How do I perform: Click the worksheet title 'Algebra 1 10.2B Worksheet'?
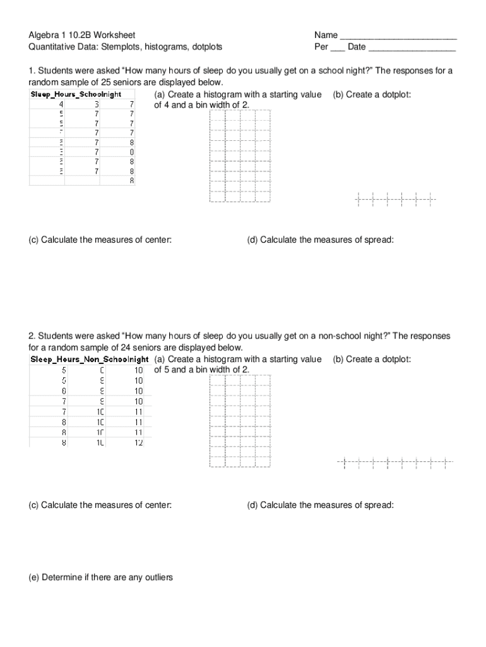pos(81,35)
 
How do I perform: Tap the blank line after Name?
pos(398,37)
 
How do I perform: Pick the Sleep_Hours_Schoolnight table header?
pos(76,94)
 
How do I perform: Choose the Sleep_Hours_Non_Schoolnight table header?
pos(89,360)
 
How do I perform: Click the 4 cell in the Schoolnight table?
pos(61,104)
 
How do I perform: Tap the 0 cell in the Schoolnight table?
pos(132,152)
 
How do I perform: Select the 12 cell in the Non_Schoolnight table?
pos(138,443)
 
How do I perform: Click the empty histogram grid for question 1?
pos(240,156)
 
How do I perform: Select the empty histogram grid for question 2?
pos(240,421)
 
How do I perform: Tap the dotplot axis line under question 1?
pos(395,200)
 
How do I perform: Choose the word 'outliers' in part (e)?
pos(157,577)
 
